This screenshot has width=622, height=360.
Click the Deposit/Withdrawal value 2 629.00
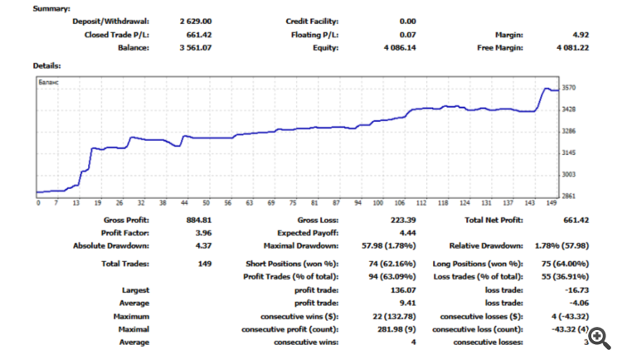197,22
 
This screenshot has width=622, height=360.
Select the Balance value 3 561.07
197,48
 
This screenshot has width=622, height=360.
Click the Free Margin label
500,48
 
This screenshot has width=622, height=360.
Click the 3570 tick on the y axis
568,87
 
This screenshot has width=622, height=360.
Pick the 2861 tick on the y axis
568,197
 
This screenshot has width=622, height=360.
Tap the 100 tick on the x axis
378,203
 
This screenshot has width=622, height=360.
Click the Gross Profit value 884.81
202,221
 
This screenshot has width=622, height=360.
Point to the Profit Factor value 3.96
206,233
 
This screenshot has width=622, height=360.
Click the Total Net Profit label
492,221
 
